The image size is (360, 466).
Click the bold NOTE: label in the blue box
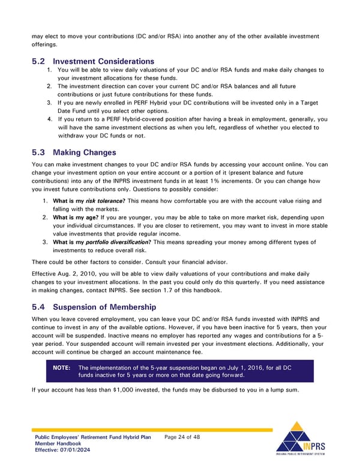coord(62,368)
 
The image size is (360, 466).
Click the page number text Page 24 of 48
coord(182,437)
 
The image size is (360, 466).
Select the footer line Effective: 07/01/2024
coord(62,451)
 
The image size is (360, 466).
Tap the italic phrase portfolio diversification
coord(115,243)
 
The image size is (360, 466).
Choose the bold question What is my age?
coord(76,217)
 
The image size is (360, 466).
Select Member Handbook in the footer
coord(58,444)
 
